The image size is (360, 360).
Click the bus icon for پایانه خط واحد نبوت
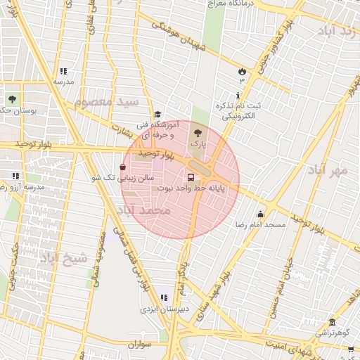(x=191, y=177)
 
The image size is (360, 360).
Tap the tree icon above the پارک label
(x=197, y=131)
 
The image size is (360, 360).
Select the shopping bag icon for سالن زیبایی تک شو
(x=123, y=167)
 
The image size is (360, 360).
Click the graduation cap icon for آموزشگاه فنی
(x=158, y=115)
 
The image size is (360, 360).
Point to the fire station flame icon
(x=242, y=71)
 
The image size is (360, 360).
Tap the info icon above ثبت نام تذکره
(x=238, y=95)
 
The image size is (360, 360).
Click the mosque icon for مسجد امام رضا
(x=261, y=214)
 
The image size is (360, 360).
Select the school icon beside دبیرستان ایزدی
(x=164, y=297)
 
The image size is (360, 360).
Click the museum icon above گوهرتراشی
(x=332, y=322)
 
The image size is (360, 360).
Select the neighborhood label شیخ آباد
(x=64, y=257)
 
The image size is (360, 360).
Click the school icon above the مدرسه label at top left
(x=63, y=71)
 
